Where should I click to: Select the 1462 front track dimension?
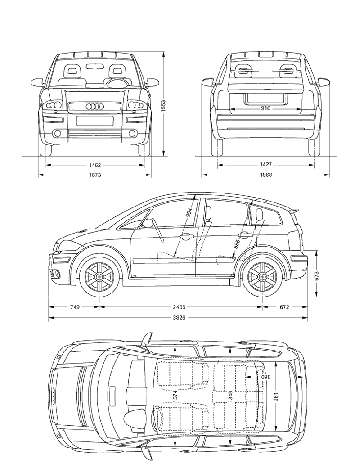[x=94, y=165]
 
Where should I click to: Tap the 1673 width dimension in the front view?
[x=94, y=175]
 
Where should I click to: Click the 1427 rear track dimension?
[x=265, y=165]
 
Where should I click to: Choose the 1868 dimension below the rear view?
[x=265, y=175]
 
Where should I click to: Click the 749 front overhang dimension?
[x=75, y=307]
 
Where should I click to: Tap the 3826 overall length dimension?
[x=179, y=318]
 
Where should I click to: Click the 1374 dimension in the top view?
[x=175, y=396]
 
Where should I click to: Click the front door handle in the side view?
[x=187, y=236]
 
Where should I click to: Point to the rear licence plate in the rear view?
[x=265, y=99]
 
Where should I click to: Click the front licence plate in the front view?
[x=94, y=121]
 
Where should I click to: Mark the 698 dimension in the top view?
[x=265, y=377]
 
